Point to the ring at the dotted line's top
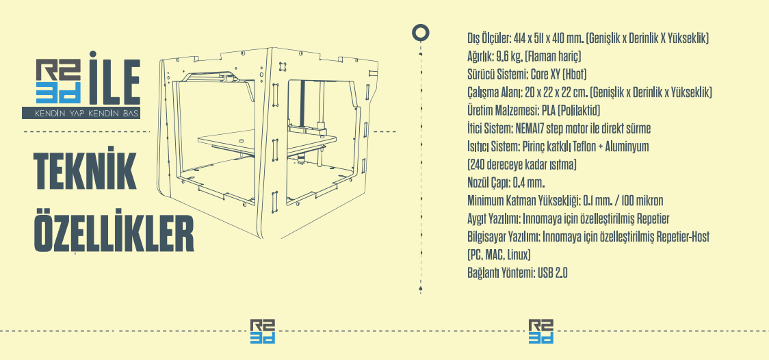point(420,33)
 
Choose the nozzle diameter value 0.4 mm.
point(529,183)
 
